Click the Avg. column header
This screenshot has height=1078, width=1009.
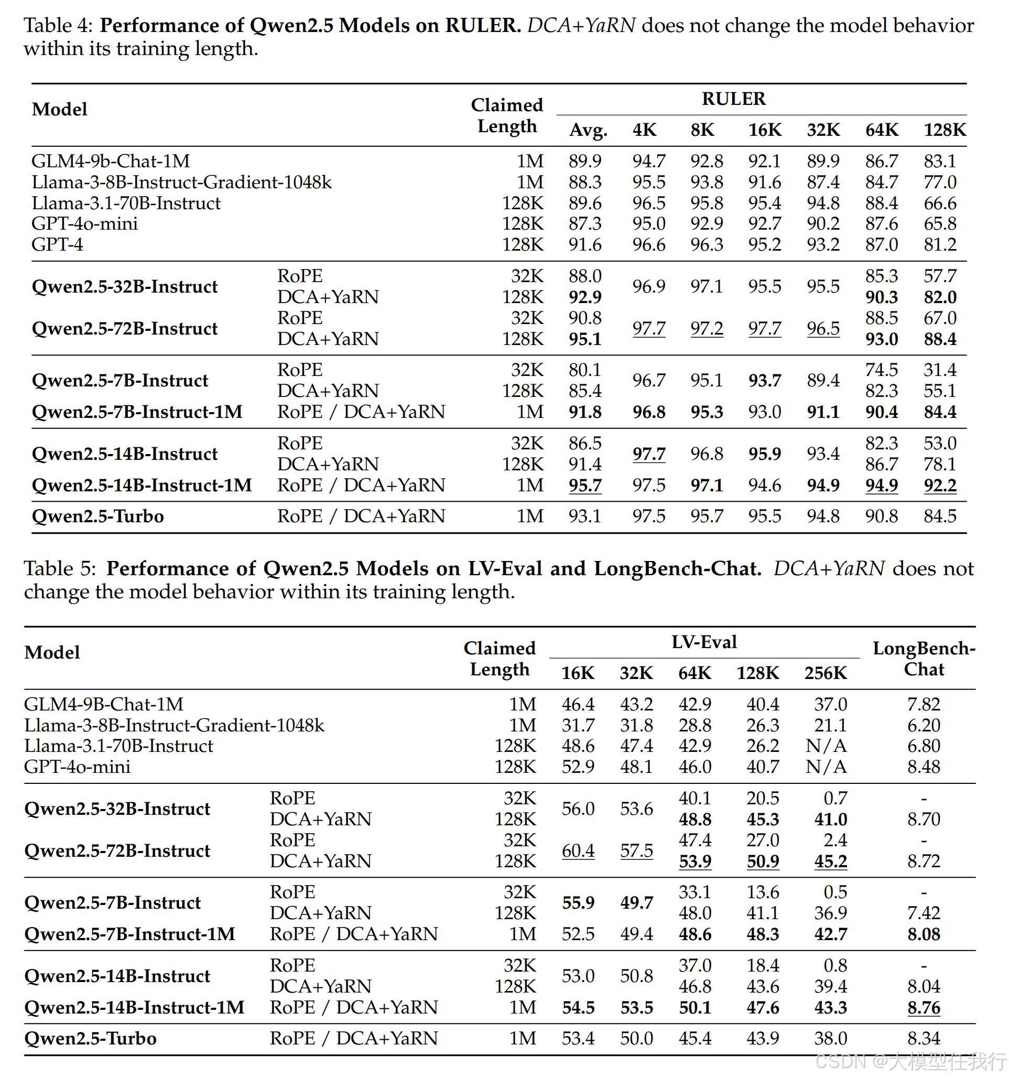[588, 130]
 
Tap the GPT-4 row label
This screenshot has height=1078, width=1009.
[58, 244]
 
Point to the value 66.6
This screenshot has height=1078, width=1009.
[940, 203]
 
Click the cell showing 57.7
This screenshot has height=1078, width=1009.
[940, 276]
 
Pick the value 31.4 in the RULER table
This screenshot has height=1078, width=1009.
[940, 370]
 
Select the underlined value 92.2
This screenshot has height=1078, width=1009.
[940, 486]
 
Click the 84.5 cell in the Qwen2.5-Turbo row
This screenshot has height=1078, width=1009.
[940, 516]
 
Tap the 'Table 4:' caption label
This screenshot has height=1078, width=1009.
[59, 26]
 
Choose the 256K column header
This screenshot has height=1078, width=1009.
[825, 673]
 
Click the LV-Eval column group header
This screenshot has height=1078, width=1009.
[704, 642]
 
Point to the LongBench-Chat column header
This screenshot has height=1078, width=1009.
[924, 659]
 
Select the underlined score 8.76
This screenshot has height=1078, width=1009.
[924, 1008]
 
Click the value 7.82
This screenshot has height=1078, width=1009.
[924, 704]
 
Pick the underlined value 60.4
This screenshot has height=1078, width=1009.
[578, 851]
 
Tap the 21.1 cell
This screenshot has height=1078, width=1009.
[830, 726]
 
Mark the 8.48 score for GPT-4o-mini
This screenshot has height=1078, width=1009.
[924, 767]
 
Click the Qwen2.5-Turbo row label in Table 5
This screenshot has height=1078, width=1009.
[91, 1039]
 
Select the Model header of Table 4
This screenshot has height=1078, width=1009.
[60, 110]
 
